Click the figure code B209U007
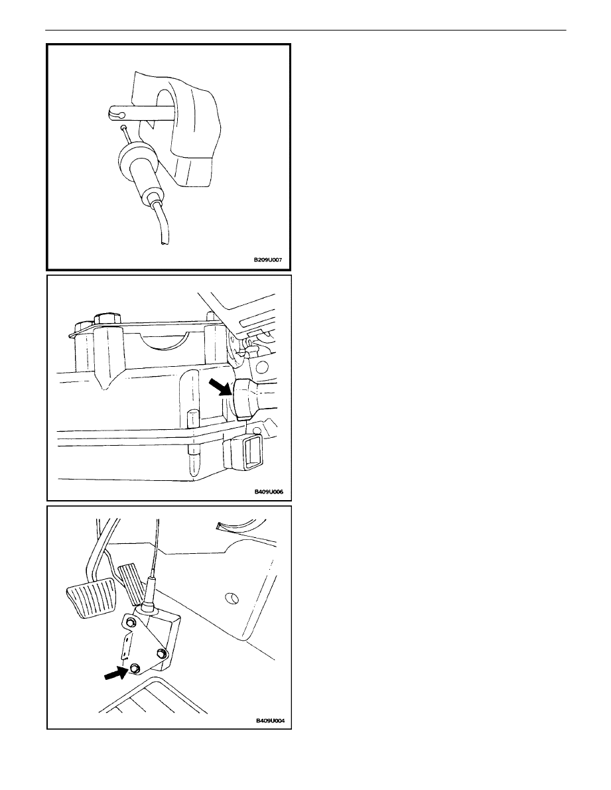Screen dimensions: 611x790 (x=267, y=261)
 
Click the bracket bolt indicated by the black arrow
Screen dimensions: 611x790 (x=135, y=668)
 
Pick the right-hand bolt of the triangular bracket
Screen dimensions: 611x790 (x=162, y=653)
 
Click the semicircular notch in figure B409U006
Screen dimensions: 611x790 (x=163, y=342)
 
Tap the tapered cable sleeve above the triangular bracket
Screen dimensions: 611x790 (x=151, y=596)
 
